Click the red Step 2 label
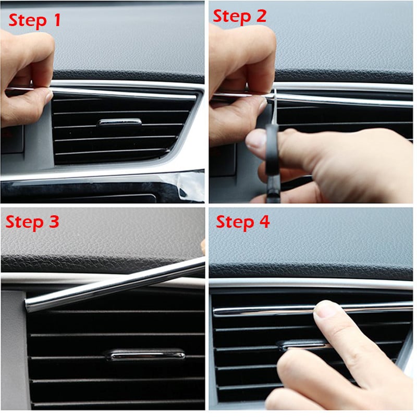[x=240, y=16]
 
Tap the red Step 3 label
[x=32, y=222]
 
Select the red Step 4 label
[x=243, y=222]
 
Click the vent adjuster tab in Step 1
[x=119, y=122]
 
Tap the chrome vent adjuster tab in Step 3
[x=145, y=354]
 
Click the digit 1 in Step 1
[x=55, y=20]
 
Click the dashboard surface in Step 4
[x=313, y=245]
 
